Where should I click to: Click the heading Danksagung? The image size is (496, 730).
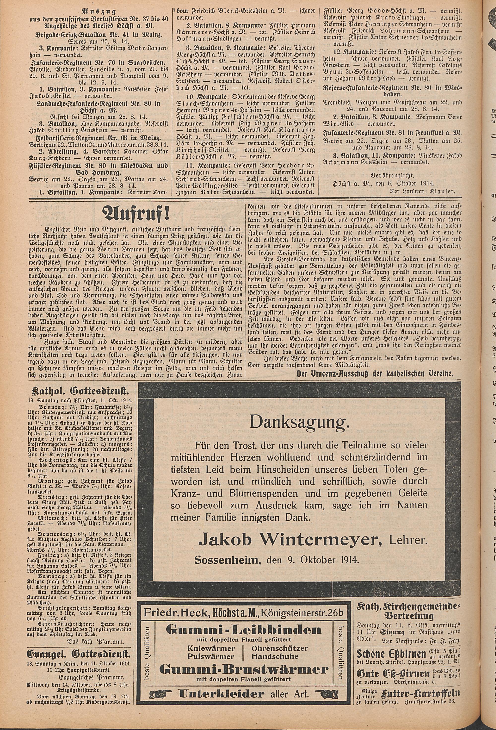[x=299, y=424]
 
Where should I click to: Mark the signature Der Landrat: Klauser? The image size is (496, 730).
[x=422, y=191]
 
